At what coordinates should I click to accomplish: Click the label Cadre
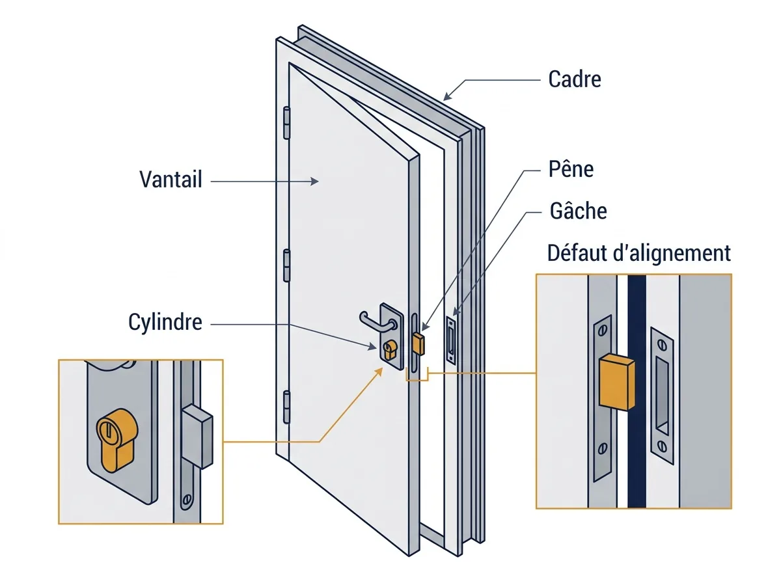pos(574,79)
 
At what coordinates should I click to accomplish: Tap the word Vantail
pos(171,179)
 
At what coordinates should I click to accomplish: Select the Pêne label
pos(571,169)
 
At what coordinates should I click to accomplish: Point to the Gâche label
pos(578,211)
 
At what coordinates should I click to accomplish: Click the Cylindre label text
pos(165,322)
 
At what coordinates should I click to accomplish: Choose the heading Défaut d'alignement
pos(638,253)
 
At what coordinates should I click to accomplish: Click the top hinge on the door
pos(286,123)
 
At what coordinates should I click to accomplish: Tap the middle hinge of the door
pos(286,265)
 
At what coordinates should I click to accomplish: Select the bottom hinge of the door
pos(286,407)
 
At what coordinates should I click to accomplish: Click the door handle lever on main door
pos(376,323)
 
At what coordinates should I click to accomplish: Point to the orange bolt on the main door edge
pos(418,344)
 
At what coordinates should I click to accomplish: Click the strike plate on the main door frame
pos(451,341)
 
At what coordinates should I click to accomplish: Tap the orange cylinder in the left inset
pos(116,441)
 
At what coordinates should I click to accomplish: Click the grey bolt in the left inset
pos(197,437)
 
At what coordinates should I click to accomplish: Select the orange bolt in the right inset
pos(616,382)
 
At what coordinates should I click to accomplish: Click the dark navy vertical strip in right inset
pos(637,391)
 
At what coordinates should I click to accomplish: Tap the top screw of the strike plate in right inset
pos(662,344)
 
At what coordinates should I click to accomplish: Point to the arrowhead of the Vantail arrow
pos(314,182)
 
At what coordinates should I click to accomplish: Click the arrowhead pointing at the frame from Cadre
pos(448,96)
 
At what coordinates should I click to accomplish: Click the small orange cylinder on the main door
pos(390,349)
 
